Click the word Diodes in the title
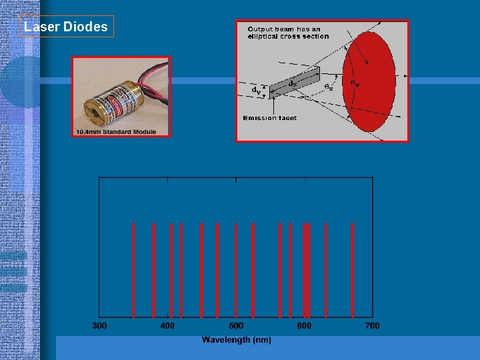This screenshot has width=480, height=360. click(85, 27)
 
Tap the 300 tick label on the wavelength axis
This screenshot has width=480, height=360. click(99, 325)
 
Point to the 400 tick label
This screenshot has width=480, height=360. click(167, 325)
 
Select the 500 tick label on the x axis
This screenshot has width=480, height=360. click(236, 325)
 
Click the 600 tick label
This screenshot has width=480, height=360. click(304, 325)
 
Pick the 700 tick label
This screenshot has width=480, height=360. click(372, 325)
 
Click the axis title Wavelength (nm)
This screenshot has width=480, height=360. click(236, 340)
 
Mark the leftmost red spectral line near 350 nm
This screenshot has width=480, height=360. click(133, 270)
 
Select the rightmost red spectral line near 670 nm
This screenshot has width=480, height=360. click(352, 270)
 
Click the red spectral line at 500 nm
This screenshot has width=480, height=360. click(236, 270)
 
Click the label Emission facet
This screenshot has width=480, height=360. click(269, 118)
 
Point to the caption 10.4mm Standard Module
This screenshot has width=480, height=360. click(116, 131)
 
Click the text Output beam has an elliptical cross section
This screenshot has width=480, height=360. click(287, 33)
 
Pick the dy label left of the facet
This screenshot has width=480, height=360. click(255, 89)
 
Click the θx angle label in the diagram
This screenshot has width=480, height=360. click(328, 87)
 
